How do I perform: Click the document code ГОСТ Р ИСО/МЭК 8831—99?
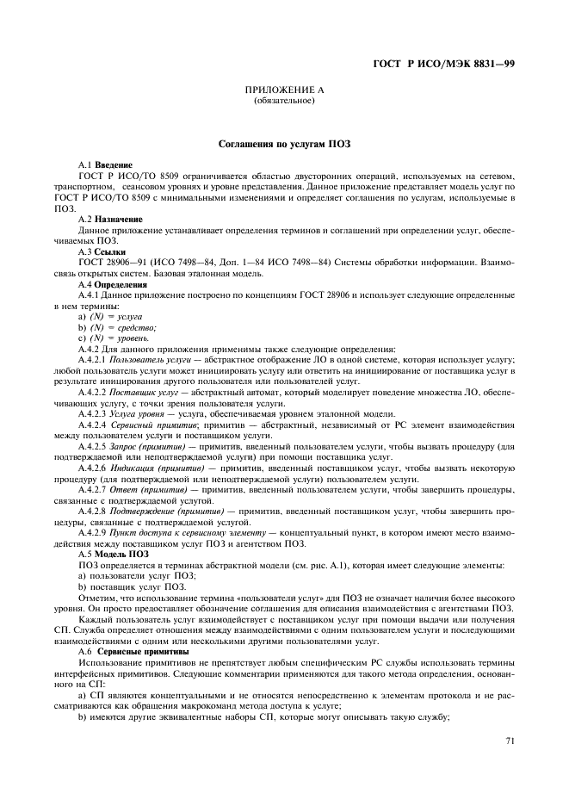pos(444,65)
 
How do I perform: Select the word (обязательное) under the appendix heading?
pos(284,101)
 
